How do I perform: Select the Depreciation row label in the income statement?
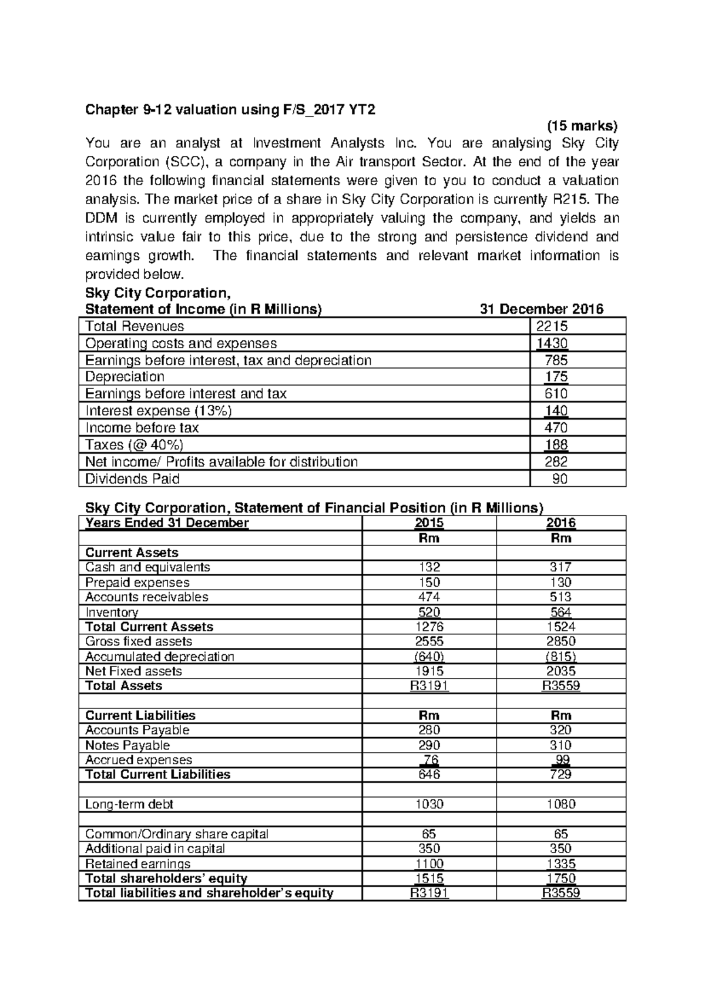pos(125,377)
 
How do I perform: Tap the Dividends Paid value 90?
pos(559,479)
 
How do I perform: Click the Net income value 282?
pos(556,462)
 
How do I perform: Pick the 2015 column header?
pos(429,523)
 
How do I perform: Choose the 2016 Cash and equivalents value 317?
pos(561,567)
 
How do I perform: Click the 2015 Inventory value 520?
pos(429,612)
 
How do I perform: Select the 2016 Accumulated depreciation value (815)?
pos(561,657)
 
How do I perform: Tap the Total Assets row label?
pos(123,686)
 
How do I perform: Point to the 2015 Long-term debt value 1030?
pos(429,804)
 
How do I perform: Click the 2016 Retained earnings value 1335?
pos(561,864)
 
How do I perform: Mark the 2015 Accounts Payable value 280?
pos(429,730)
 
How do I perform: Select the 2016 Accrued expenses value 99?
pos(562,760)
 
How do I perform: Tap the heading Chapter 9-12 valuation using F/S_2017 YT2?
pos(230,110)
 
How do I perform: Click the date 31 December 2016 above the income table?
pos(541,309)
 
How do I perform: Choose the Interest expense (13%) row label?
pos(159,411)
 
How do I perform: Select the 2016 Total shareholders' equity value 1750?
pos(561,878)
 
